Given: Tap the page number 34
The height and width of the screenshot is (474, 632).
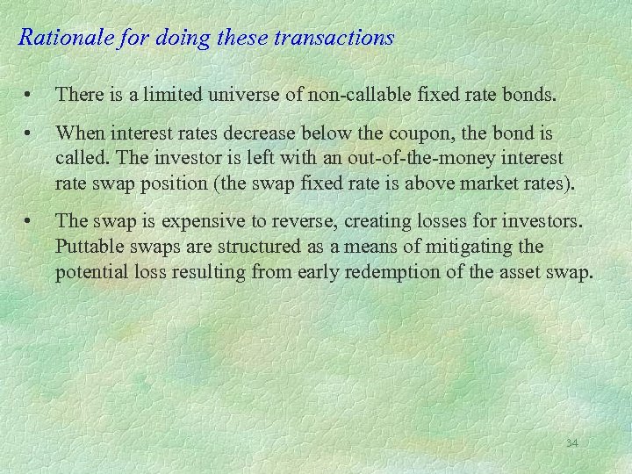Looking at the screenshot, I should point(571,443).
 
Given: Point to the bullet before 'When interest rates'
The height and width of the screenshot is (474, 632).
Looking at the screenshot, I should point(30,133).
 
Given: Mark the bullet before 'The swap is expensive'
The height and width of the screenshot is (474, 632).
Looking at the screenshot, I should point(30,221).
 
